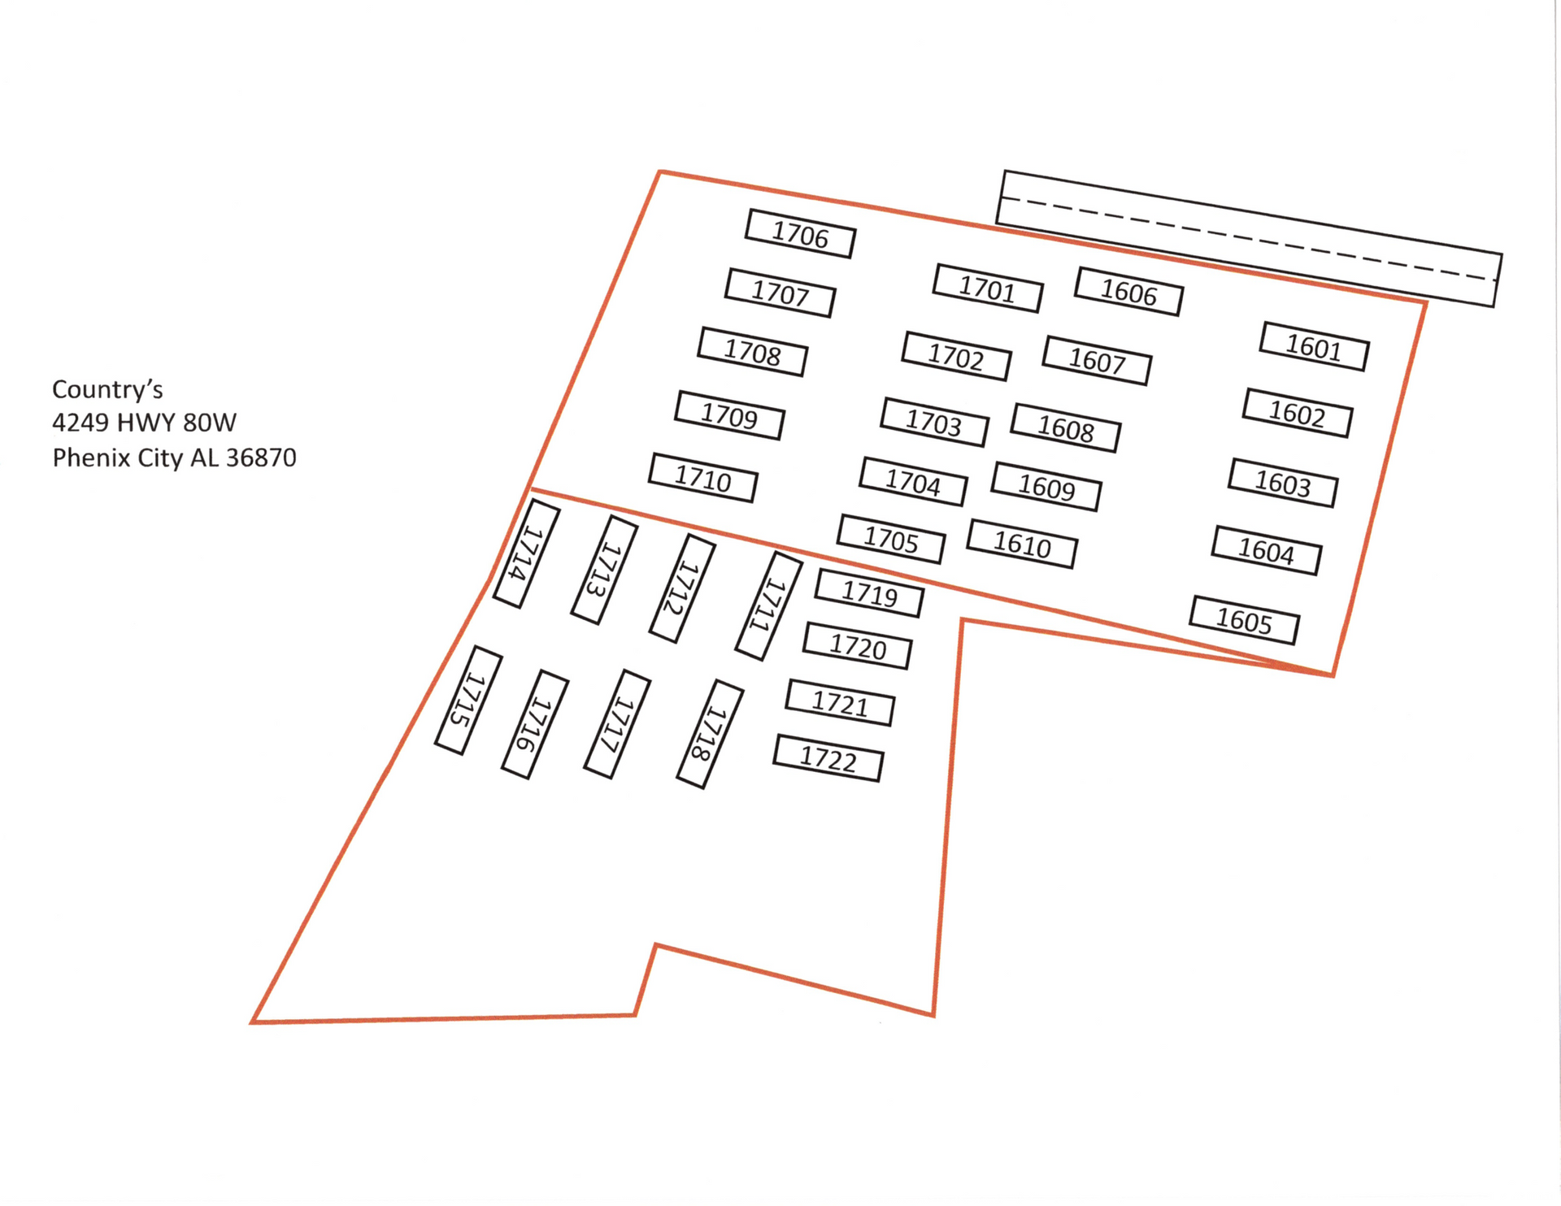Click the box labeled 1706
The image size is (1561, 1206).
(800, 234)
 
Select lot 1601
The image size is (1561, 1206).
(1314, 347)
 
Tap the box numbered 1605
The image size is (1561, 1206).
(1244, 621)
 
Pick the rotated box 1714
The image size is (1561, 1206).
(527, 553)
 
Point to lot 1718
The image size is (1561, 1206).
(710, 734)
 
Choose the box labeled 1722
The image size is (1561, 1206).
(828, 758)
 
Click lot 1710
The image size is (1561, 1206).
(703, 478)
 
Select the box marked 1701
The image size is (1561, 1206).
(988, 288)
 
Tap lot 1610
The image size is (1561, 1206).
(1022, 544)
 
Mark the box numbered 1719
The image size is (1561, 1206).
(869, 593)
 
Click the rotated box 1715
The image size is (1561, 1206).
(468, 701)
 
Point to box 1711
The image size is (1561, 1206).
(768, 606)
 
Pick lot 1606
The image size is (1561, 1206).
(1128, 291)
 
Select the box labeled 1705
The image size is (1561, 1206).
(891, 539)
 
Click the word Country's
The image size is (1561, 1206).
(107, 389)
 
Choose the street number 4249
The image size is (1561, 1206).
(80, 423)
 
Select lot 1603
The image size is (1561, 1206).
(1283, 483)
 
